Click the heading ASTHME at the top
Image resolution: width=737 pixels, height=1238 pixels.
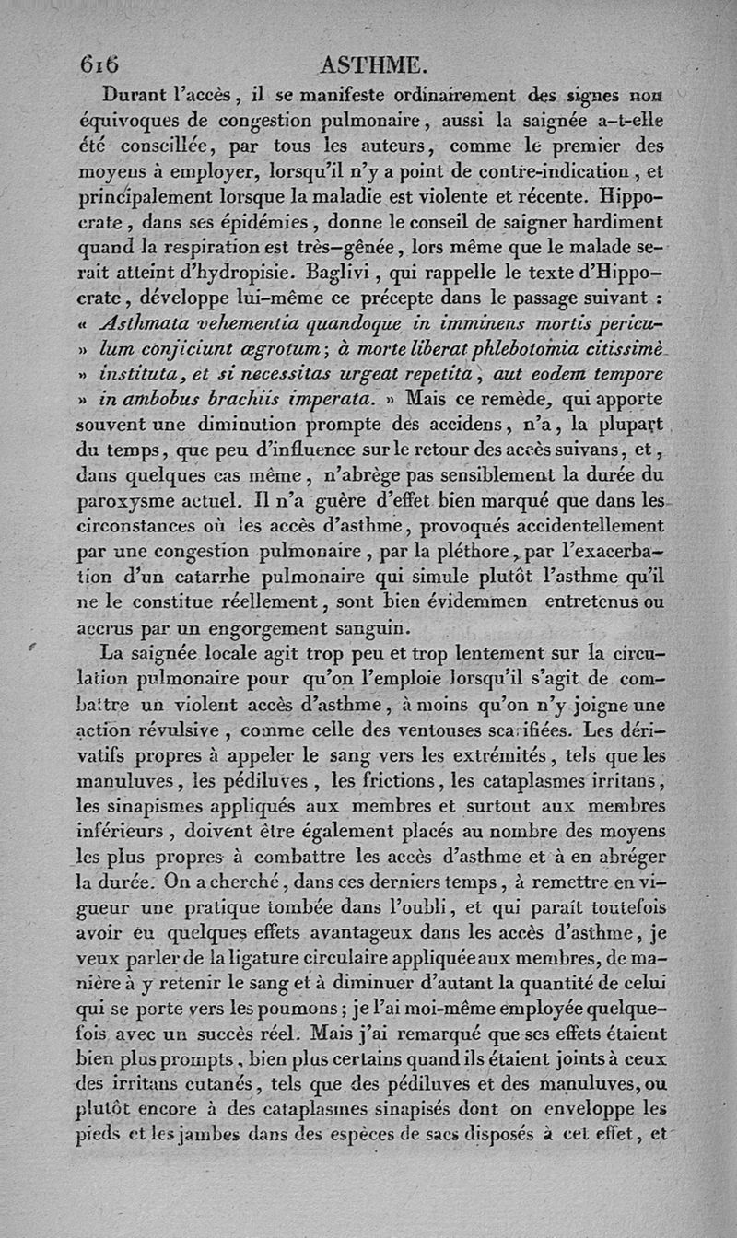pyautogui.click(x=371, y=65)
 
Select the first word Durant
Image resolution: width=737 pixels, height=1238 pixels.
pyautogui.click(x=139, y=93)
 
